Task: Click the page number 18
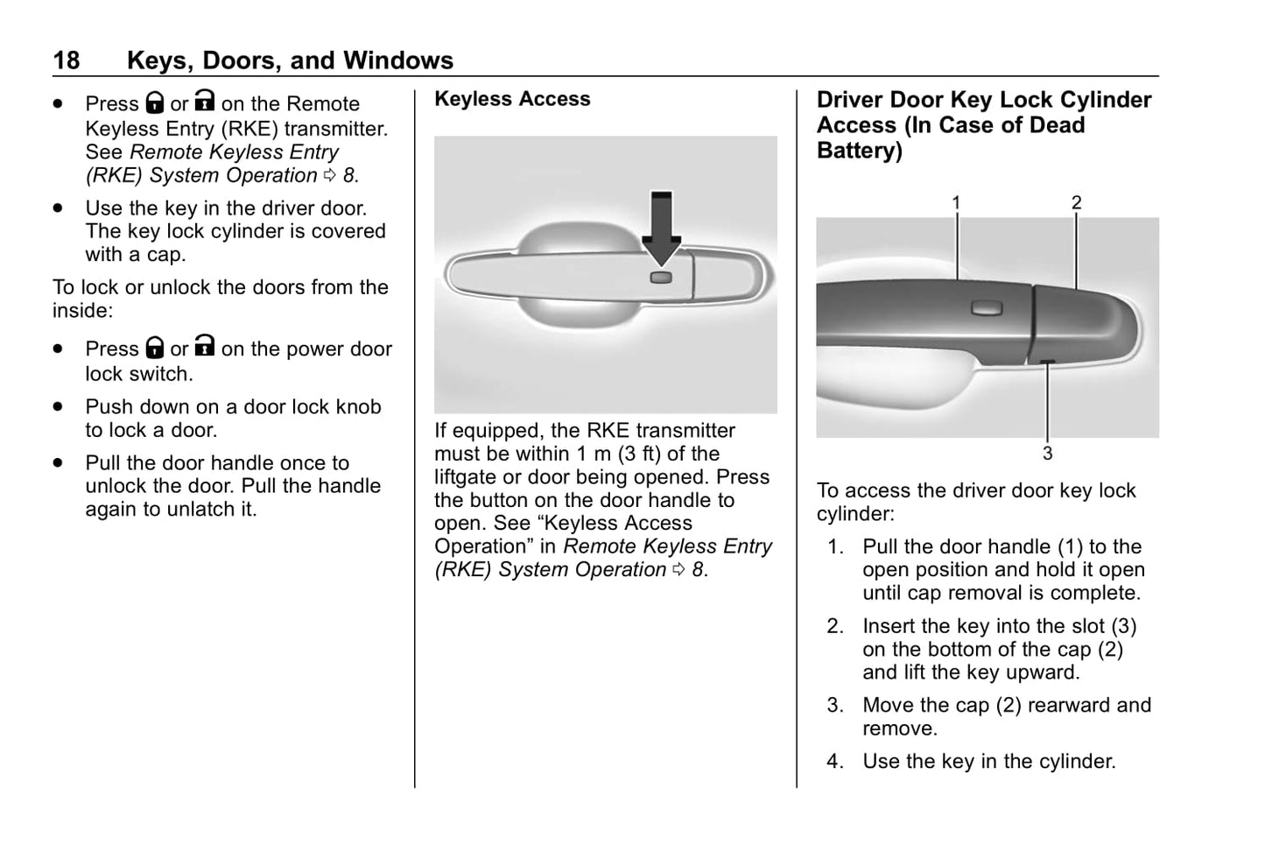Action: (x=66, y=60)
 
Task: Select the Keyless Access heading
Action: (x=512, y=99)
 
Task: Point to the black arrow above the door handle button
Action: (x=662, y=226)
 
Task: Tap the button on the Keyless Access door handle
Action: (x=662, y=278)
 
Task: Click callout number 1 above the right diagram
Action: (x=957, y=202)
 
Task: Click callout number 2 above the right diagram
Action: (x=1076, y=202)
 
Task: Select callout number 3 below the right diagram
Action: (x=1047, y=454)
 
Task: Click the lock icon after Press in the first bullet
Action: (x=155, y=103)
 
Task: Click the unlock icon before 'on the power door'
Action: (x=204, y=347)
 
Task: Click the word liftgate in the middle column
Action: (x=468, y=477)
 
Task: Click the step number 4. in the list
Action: (x=835, y=762)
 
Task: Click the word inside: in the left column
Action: (x=82, y=311)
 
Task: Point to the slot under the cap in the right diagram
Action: (x=1047, y=362)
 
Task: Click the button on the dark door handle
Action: (x=987, y=306)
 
